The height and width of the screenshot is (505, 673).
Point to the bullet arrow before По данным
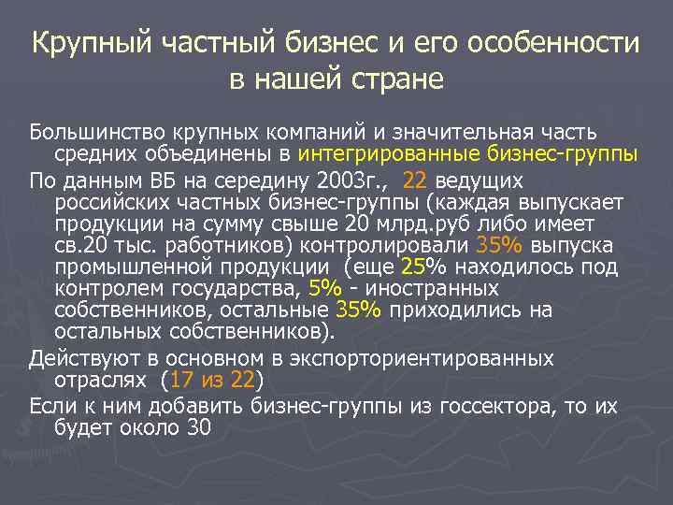click(18, 180)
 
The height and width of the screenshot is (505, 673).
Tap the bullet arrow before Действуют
click(18, 359)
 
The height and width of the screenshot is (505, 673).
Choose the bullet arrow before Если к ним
click(18, 405)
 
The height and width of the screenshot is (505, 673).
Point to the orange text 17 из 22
click(214, 381)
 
